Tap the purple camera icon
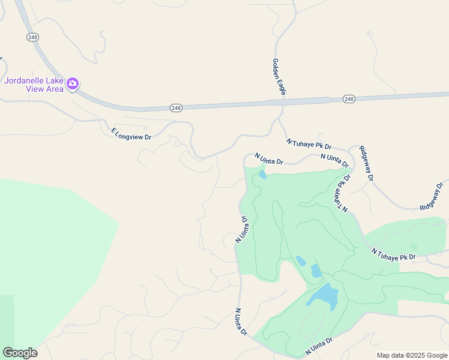tap(73, 84)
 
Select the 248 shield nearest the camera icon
tap(32, 37)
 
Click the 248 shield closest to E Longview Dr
tap(175, 108)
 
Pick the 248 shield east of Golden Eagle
tap(349, 98)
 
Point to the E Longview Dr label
tap(131, 133)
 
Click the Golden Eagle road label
tap(279, 77)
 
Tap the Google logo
tap(20, 353)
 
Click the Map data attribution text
tap(411, 355)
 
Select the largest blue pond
tap(322, 295)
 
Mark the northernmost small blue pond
tap(262, 175)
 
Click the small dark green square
tap(414, 247)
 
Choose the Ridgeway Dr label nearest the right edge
tap(434, 197)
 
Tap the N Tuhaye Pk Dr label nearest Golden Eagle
tap(309, 144)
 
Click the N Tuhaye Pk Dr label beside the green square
tap(393, 254)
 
